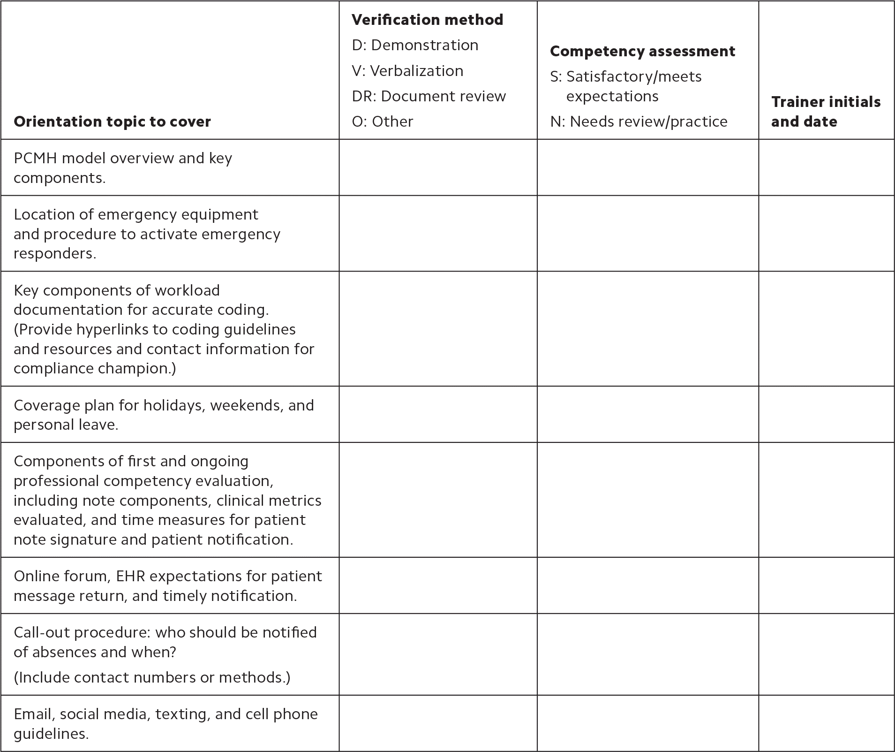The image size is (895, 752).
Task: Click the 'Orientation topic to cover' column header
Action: (x=113, y=122)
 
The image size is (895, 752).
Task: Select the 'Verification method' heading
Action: (x=427, y=20)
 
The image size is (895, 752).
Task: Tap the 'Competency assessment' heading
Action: (x=642, y=51)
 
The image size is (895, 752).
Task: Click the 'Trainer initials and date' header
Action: (x=826, y=112)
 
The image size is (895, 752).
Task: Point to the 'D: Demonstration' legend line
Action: (x=415, y=45)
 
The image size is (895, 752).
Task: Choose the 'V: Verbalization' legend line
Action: (x=407, y=71)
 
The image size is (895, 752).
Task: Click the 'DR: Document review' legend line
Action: (x=429, y=96)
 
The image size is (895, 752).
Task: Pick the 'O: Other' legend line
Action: (x=383, y=122)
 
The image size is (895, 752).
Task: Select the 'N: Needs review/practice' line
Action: (x=639, y=122)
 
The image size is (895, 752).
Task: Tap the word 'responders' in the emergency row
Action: (x=53, y=253)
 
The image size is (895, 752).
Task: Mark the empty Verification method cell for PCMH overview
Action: (x=438, y=167)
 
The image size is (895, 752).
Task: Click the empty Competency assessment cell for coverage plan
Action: (x=647, y=414)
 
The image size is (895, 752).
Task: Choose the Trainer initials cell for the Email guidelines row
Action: (x=826, y=723)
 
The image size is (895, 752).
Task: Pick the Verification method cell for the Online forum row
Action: (x=438, y=585)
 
